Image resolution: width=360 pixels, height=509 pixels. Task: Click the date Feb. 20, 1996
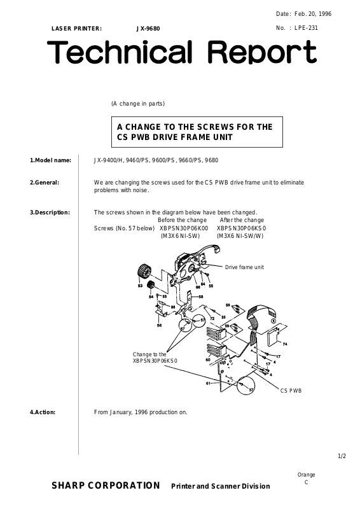[313, 13]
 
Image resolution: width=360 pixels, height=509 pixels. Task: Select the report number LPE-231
[306, 27]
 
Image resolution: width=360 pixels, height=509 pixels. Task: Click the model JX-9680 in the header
[148, 29]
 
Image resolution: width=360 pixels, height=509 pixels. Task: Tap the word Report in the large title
[261, 52]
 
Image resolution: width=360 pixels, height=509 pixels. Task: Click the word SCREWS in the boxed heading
[216, 127]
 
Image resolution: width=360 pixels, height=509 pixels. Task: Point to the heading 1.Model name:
[51, 160]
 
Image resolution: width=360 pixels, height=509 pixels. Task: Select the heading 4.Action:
[43, 412]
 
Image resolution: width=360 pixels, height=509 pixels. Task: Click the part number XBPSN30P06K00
[184, 228]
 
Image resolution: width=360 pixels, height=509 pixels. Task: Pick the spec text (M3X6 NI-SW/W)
[240, 236]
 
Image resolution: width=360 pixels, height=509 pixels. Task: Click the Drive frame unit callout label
[244, 267]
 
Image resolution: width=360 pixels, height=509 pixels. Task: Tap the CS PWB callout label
[291, 391]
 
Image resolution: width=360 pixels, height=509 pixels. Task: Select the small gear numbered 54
[150, 285]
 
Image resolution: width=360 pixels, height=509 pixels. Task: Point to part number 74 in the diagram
[285, 344]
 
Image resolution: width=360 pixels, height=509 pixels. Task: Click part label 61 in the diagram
[208, 384]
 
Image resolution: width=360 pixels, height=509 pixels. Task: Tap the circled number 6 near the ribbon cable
[273, 321]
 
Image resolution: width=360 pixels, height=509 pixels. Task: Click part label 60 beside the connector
[208, 359]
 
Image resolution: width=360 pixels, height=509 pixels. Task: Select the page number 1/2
[342, 456]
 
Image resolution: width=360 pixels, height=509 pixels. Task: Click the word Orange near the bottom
[306, 475]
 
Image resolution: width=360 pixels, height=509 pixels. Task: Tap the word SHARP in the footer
[68, 485]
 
